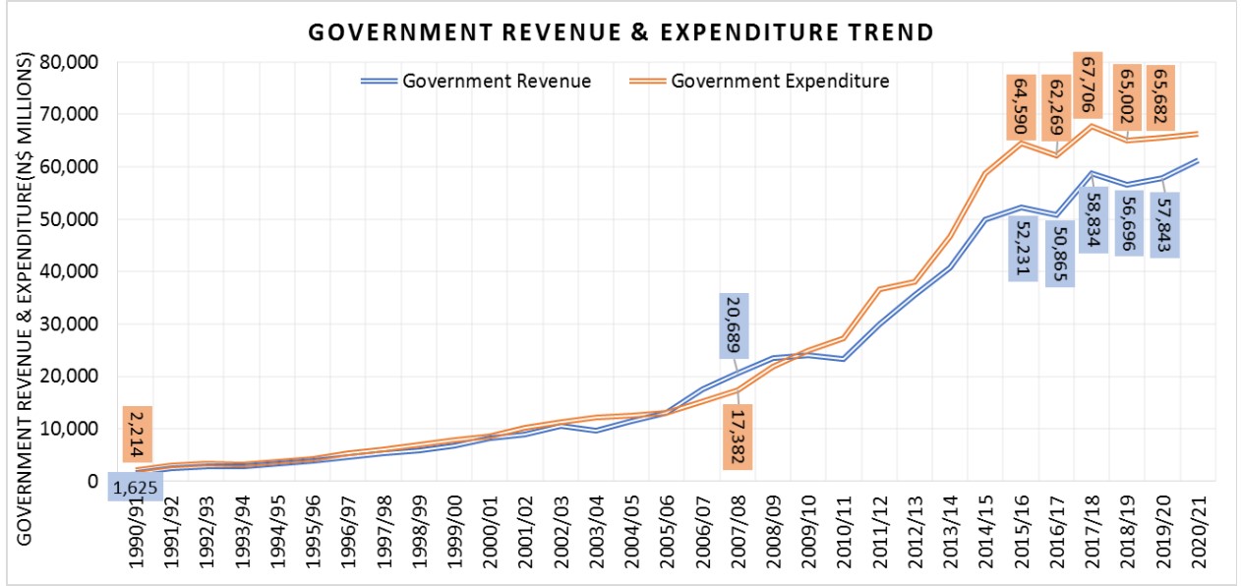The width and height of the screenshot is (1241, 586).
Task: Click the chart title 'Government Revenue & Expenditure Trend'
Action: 620,32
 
